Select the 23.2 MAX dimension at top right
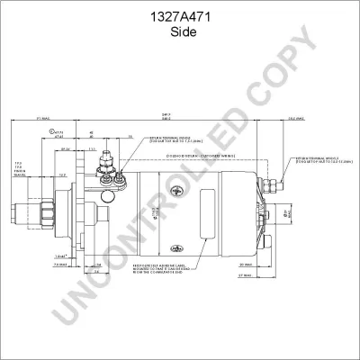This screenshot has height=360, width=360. pyautogui.click(x=293, y=118)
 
